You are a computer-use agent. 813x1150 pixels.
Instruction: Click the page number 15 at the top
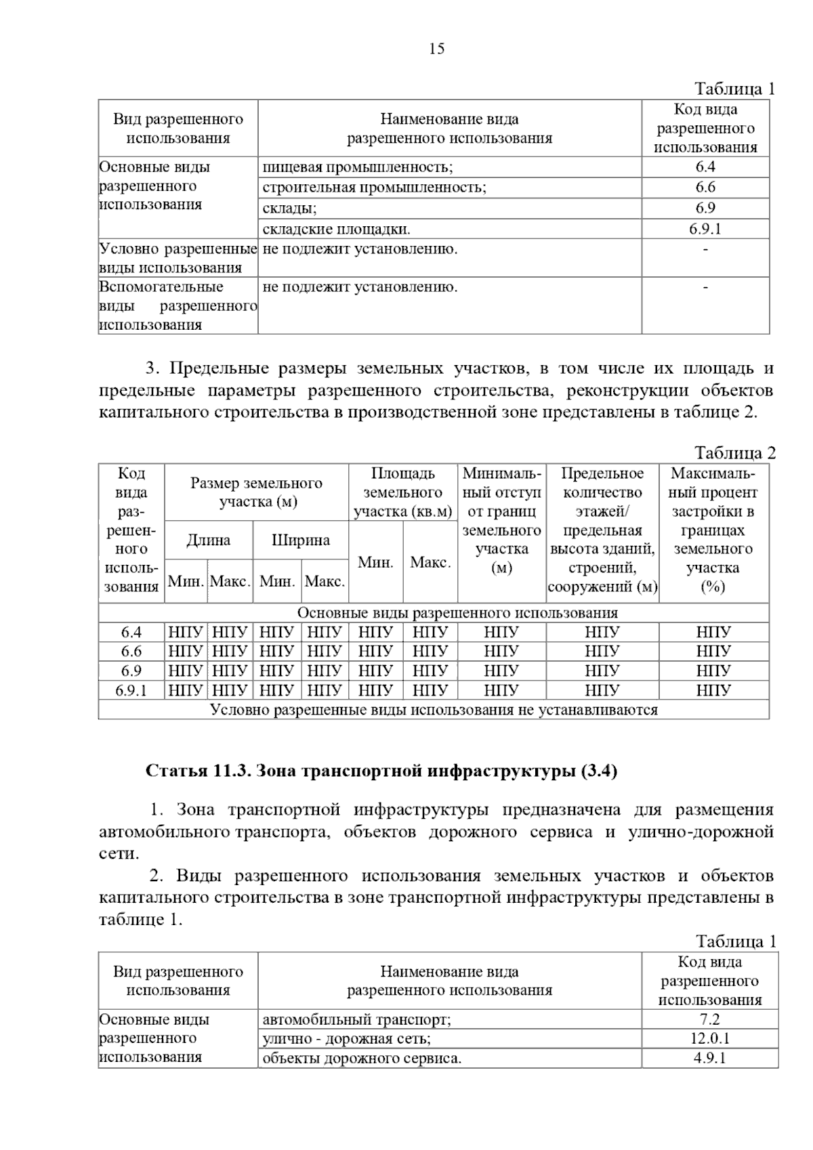tap(436, 49)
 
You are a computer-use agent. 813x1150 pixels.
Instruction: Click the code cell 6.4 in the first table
tap(705, 167)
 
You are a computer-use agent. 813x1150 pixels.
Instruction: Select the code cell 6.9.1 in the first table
tap(705, 229)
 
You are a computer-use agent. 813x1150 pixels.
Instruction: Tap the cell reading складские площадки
tap(337, 229)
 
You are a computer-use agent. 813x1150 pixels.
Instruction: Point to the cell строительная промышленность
tap(374, 188)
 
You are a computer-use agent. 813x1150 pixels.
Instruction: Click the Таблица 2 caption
tap(735, 453)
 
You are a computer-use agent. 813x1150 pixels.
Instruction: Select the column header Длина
tap(208, 540)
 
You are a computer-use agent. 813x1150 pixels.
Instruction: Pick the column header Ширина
tap(301, 540)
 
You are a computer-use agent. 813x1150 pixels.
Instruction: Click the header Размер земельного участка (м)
tap(256, 492)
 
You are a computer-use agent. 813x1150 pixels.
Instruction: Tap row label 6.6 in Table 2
tap(131, 652)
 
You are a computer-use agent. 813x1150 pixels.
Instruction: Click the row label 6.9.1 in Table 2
tap(131, 691)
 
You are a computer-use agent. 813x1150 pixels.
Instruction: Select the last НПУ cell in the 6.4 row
tap(713, 633)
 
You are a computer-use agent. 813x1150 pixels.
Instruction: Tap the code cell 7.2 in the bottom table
tap(709, 1019)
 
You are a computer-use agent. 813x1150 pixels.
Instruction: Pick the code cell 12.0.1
tap(709, 1038)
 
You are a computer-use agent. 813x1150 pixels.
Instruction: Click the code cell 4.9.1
tap(709, 1058)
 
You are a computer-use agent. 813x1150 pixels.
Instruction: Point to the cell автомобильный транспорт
tap(357, 1019)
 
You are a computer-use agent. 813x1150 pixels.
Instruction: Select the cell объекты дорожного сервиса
tap(362, 1058)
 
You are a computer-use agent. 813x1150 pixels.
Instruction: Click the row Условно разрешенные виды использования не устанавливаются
tap(434, 710)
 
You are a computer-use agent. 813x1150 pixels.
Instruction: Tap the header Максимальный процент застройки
tap(713, 530)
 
